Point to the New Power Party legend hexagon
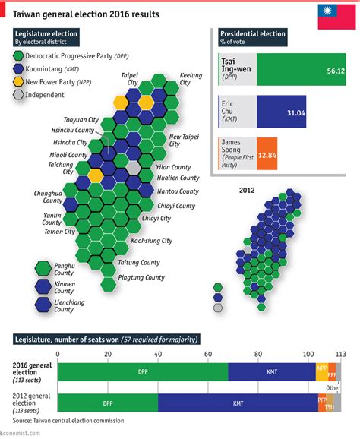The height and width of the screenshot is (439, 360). [x=18, y=81]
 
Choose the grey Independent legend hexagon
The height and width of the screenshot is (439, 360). [x=18, y=94]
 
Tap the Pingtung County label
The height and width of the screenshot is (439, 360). [x=141, y=278]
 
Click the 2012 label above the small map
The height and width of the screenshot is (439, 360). [x=245, y=190]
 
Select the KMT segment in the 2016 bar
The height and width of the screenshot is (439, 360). [x=271, y=371]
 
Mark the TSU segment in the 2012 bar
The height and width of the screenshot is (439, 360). [x=329, y=407]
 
